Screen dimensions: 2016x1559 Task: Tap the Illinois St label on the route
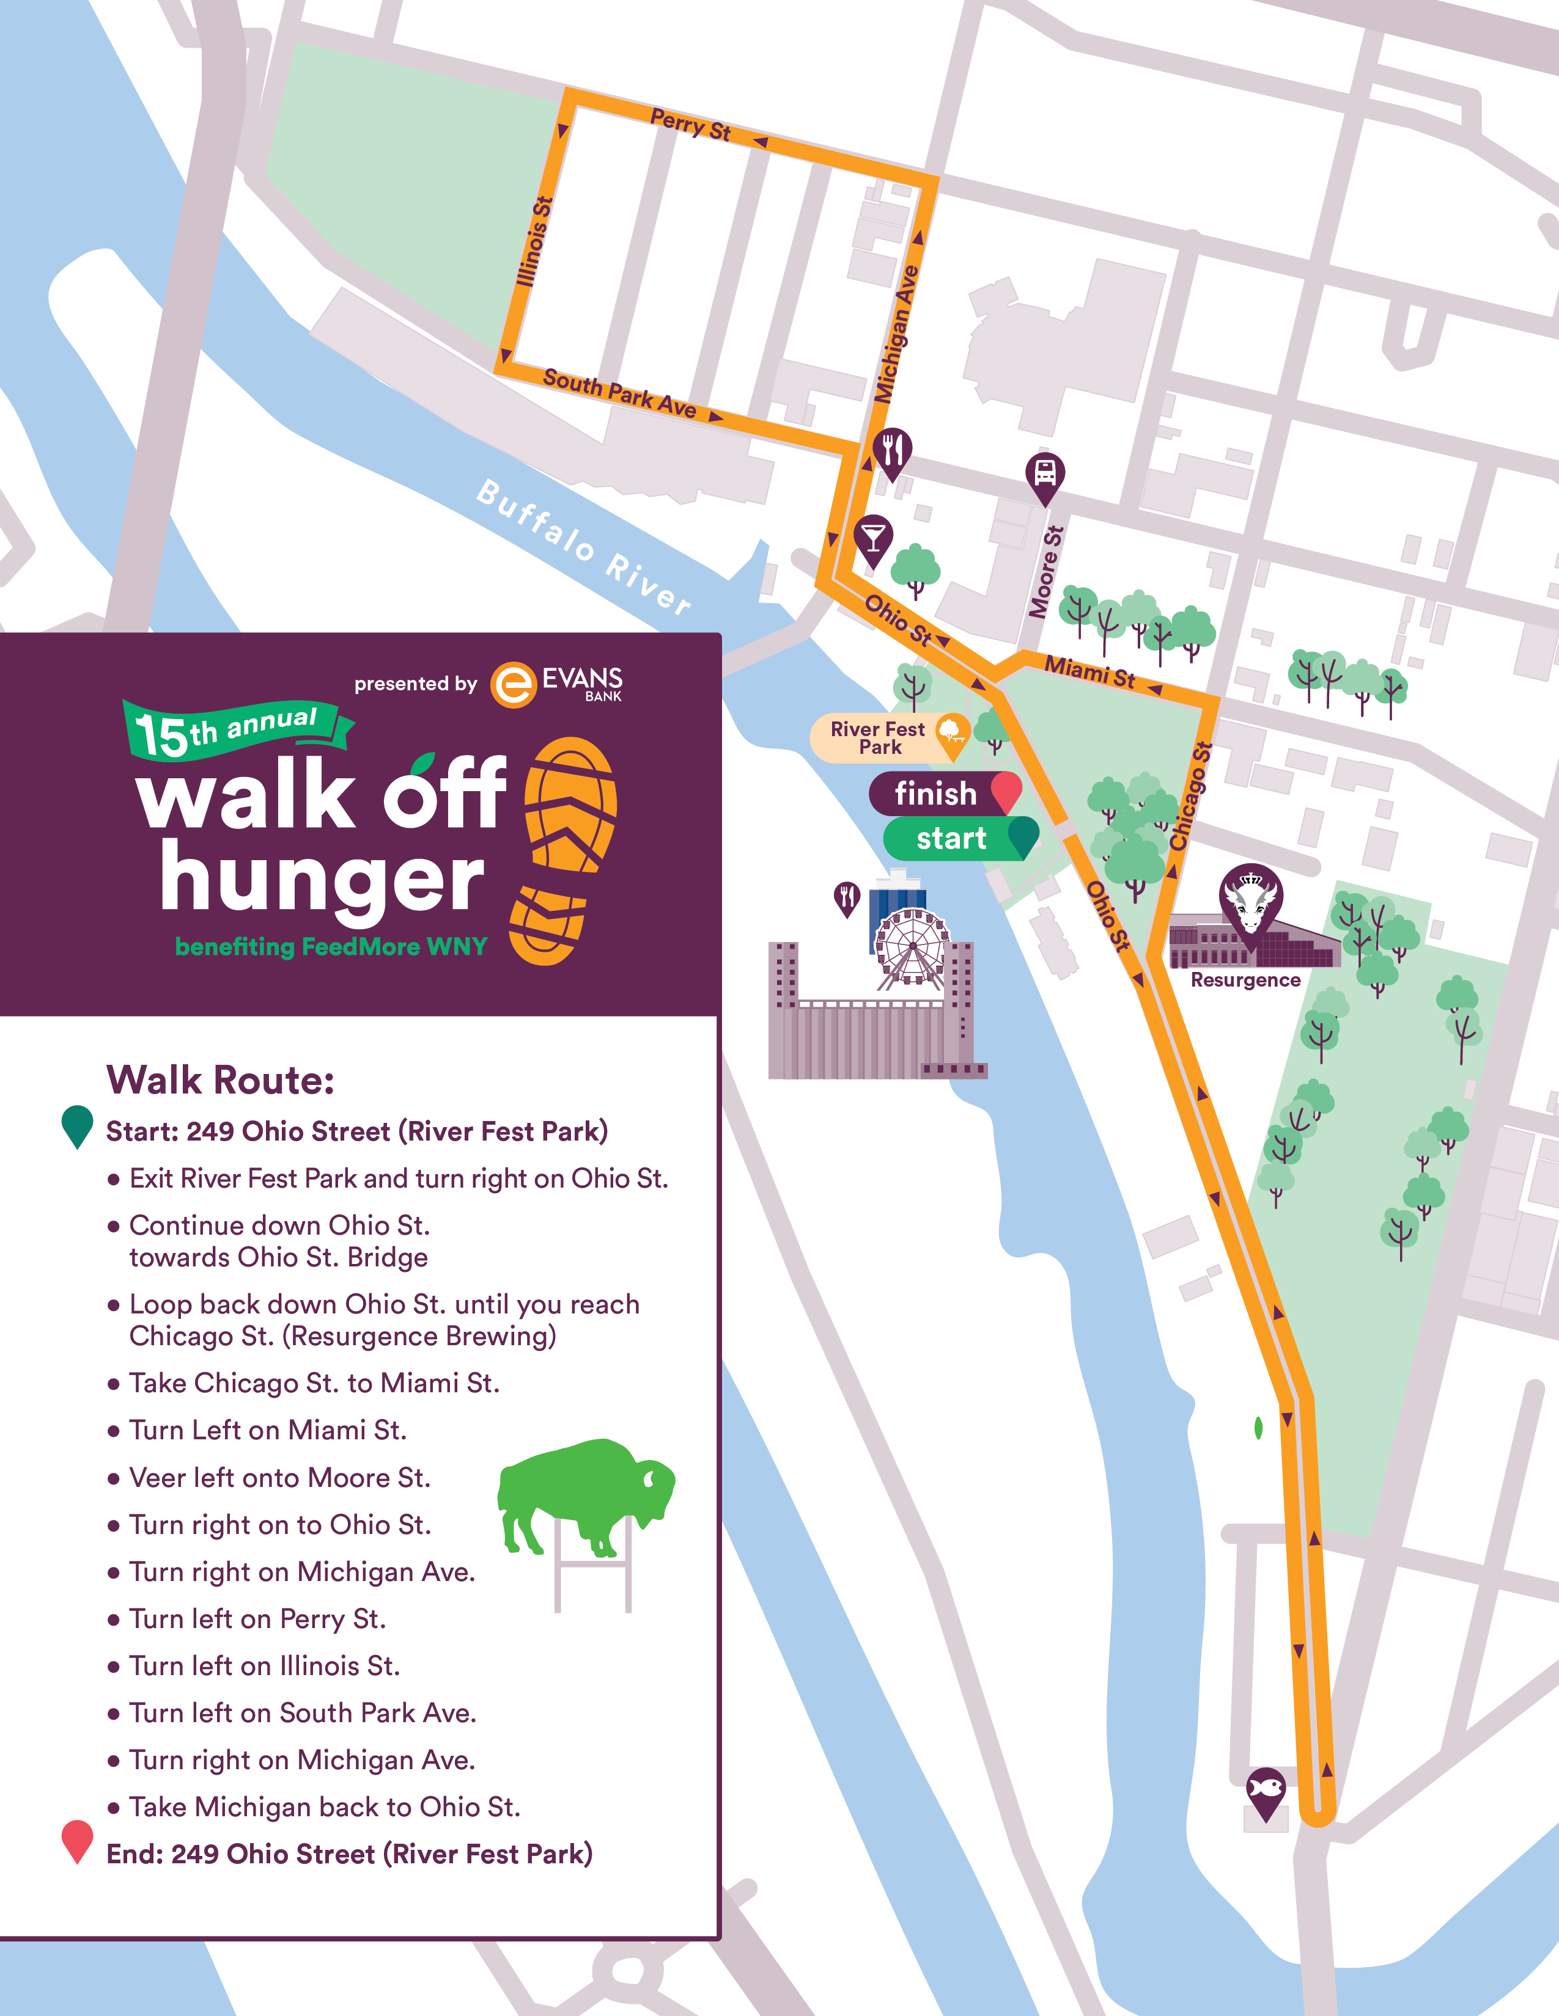point(535,242)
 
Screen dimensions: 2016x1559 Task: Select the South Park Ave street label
point(619,393)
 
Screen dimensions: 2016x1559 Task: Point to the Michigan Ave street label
point(896,334)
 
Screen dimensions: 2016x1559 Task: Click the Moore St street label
point(1047,572)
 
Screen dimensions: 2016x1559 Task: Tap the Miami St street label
point(1090,671)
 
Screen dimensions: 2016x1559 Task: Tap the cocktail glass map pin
point(873,538)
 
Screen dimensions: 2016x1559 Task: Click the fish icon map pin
point(1266,1791)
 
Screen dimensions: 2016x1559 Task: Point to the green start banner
point(957,838)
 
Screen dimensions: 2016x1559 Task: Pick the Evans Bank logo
point(557,684)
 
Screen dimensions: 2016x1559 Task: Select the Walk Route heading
point(220,1079)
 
